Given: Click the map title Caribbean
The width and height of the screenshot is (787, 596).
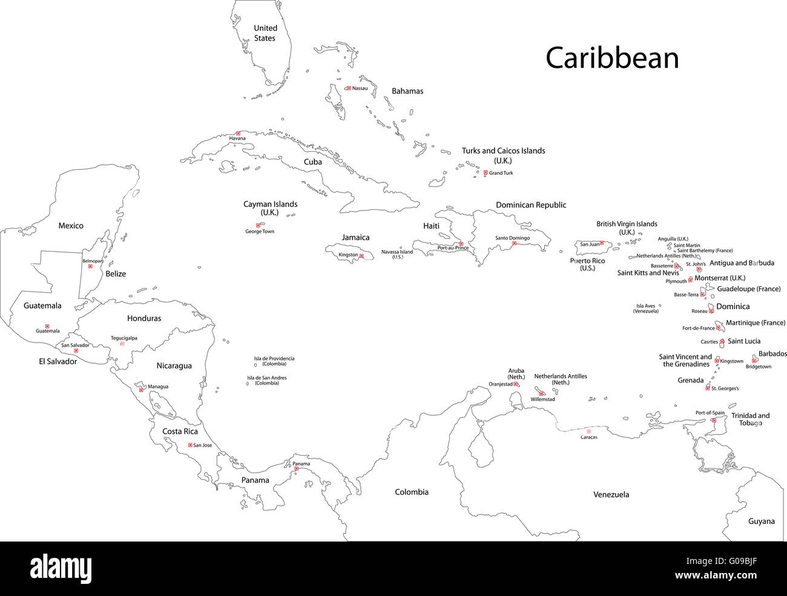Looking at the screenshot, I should click(612, 58).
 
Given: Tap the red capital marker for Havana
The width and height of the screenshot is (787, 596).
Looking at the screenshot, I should click(238, 133).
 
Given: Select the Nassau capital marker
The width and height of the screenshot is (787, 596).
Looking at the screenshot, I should click(348, 88).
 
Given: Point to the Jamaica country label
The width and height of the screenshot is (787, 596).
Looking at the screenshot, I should click(355, 237).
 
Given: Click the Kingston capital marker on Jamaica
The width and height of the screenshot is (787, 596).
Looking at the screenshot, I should click(361, 256).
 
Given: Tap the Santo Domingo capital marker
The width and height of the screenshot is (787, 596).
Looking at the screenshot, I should click(514, 244).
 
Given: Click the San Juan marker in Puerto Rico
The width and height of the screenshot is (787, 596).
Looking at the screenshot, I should click(602, 243).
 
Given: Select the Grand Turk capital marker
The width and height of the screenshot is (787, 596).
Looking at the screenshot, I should click(486, 172).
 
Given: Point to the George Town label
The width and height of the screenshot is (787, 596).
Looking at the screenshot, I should click(260, 232).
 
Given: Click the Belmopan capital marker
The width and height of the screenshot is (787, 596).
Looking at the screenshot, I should click(90, 267).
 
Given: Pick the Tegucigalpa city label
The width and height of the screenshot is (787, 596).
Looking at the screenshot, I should click(124, 338).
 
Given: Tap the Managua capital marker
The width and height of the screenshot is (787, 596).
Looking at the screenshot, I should click(141, 390).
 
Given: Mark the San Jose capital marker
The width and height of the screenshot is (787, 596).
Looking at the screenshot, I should click(190, 445).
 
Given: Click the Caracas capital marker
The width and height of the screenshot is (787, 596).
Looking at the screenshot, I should click(588, 431).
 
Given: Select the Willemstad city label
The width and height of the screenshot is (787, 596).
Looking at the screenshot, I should click(543, 400).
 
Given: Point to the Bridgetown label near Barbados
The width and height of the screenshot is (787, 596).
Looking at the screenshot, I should click(759, 367).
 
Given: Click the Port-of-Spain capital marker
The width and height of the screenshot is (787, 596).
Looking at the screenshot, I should click(714, 420).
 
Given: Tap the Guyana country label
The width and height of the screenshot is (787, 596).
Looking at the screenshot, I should click(761, 521).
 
